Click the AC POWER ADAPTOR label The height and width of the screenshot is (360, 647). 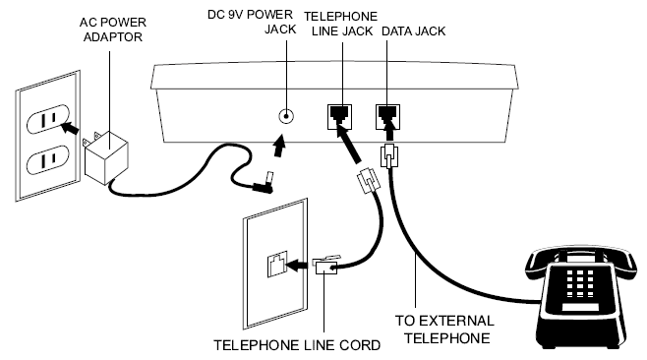(113, 30)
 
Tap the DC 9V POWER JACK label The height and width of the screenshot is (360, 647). (252, 22)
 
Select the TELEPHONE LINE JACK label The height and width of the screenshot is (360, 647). (341, 24)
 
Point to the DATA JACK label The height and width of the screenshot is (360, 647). (413, 31)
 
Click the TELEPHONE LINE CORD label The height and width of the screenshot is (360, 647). (297, 345)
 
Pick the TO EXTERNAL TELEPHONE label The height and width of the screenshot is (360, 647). (444, 330)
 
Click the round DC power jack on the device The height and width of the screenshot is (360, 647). (286, 116)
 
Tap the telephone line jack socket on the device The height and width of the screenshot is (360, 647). (339, 117)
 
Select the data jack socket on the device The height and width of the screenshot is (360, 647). (387, 117)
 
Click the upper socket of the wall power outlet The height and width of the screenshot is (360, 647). (48, 118)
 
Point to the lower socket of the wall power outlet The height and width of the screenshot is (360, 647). (48, 159)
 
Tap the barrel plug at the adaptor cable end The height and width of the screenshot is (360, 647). (265, 183)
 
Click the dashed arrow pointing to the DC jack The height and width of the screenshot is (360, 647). (279, 147)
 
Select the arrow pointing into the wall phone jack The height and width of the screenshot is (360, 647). (297, 266)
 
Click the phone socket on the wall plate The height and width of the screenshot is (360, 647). (277, 265)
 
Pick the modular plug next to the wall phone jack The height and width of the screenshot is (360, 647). (326, 265)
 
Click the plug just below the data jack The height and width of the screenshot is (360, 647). (388, 155)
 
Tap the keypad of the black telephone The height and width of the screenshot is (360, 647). (580, 283)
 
